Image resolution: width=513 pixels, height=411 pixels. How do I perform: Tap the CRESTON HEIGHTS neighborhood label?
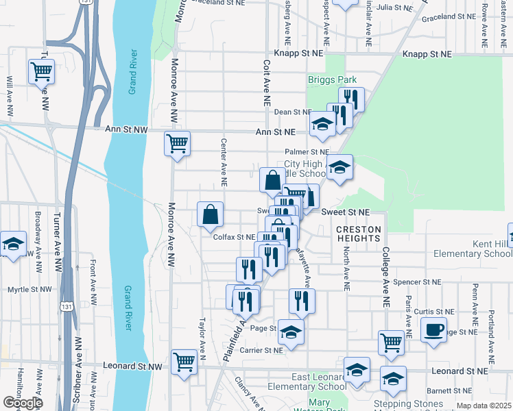tap(358, 233)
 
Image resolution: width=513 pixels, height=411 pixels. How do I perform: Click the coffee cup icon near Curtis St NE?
tap(433, 330)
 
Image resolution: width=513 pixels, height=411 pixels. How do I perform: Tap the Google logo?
tap(23, 403)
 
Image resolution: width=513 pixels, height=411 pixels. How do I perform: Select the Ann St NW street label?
tap(127, 129)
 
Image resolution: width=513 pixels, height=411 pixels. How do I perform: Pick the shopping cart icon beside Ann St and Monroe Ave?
tap(177, 145)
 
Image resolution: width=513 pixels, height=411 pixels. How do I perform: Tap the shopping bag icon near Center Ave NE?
tap(210, 214)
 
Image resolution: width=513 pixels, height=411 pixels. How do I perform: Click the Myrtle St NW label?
tap(29, 290)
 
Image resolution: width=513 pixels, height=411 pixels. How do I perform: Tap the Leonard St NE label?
tap(460, 371)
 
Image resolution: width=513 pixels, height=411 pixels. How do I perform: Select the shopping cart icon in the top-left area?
tap(42, 71)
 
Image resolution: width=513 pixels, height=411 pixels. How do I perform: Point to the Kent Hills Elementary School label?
tap(473, 249)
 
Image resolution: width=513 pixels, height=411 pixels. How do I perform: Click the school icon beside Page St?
tap(291, 332)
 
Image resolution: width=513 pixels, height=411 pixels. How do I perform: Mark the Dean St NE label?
tap(293, 112)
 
